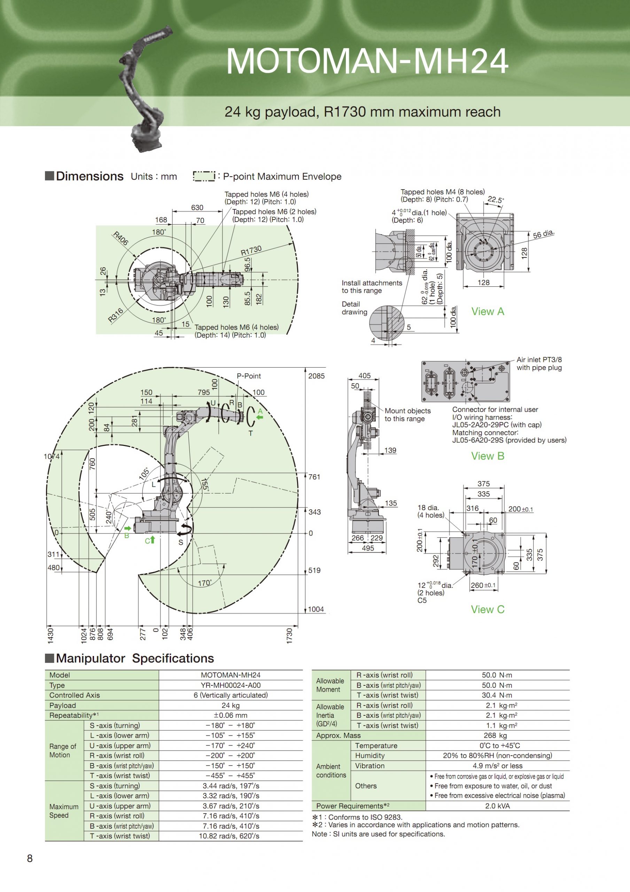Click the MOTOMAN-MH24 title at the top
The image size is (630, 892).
point(367,61)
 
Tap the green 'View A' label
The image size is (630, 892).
point(488,311)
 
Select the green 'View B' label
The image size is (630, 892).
point(488,456)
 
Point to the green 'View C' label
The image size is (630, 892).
point(488,609)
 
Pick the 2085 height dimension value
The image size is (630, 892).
point(316,376)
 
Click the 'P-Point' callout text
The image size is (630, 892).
point(249,376)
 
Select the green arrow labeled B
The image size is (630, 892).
point(127,529)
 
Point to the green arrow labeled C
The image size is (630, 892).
point(152,540)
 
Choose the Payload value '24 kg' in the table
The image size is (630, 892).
point(230,705)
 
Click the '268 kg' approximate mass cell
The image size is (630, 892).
point(497,735)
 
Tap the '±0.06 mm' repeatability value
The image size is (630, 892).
point(230,715)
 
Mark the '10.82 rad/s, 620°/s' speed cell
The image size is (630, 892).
point(229,836)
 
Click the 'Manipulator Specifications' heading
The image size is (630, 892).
point(135,658)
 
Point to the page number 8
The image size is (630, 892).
point(30,858)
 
